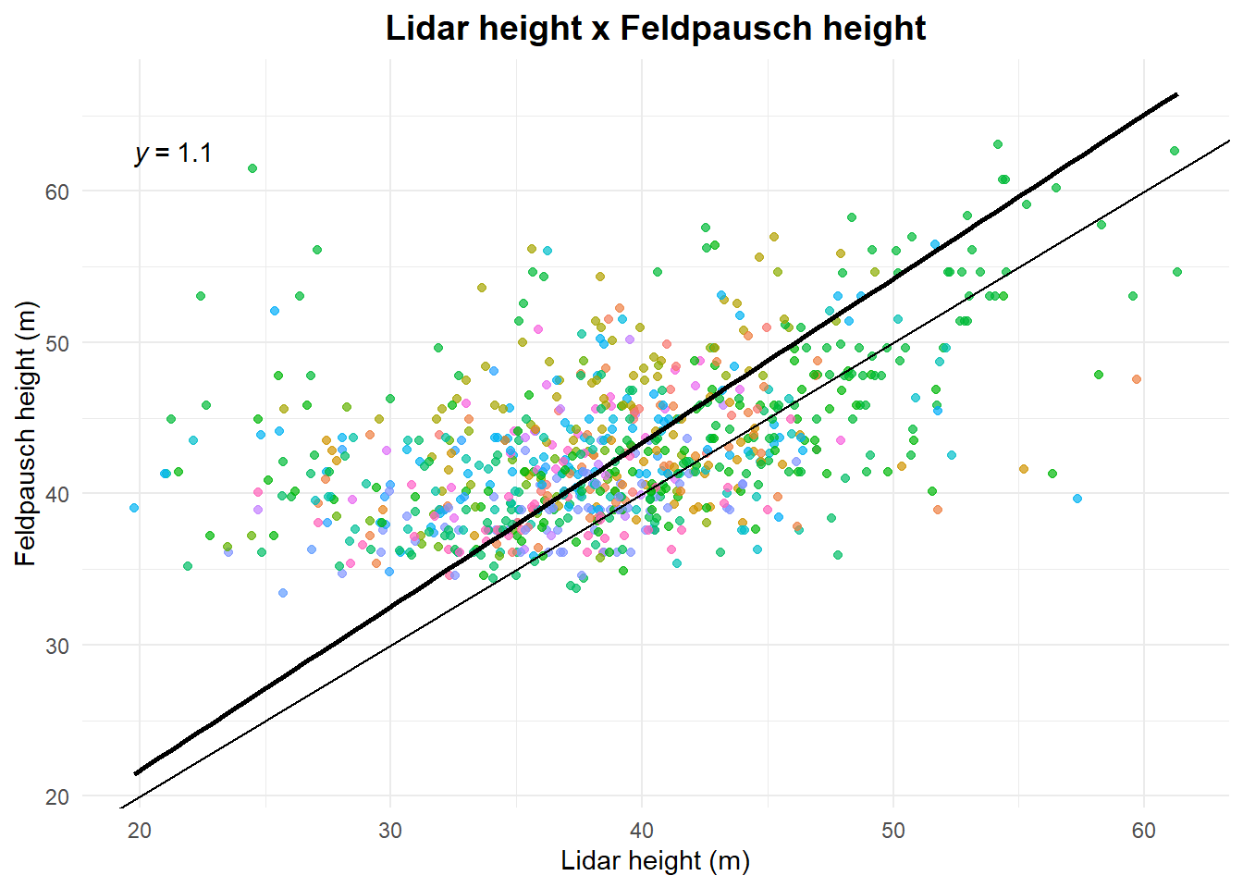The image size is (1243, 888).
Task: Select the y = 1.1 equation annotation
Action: pos(173,153)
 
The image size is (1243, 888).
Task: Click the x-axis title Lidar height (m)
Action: pos(655,861)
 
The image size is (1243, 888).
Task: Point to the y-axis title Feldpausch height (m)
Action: pos(26,434)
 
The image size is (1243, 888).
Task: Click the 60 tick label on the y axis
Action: pos(57,191)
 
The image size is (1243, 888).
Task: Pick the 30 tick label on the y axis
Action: pos(57,646)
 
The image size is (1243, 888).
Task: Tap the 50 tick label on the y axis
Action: pos(57,343)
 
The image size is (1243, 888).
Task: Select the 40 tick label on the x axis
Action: pos(642,831)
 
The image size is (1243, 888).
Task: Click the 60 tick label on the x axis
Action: pos(1144,831)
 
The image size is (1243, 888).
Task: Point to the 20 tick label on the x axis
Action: pos(140,831)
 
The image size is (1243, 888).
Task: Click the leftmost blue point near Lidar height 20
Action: pos(134,508)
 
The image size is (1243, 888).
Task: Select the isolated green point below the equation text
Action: pos(252,168)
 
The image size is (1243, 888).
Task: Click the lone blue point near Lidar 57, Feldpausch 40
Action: pos(1077,499)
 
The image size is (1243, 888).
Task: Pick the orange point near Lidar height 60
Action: pos(1137,379)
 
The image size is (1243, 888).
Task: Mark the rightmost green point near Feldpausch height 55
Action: pos(1177,272)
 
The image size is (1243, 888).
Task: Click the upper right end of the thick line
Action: pos(1175,94)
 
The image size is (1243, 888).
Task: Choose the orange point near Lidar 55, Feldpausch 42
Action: pos(1024,469)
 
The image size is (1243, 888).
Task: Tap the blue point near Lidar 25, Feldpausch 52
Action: pos(275,311)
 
